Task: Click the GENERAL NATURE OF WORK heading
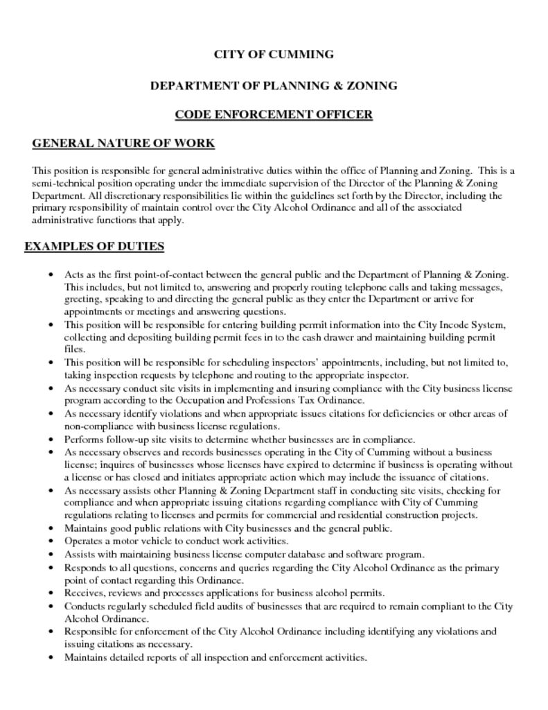(x=123, y=144)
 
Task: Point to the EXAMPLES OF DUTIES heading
(x=94, y=246)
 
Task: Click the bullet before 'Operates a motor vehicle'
(x=51, y=541)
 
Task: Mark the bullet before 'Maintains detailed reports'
(x=51, y=657)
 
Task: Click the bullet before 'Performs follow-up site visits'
(x=51, y=439)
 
